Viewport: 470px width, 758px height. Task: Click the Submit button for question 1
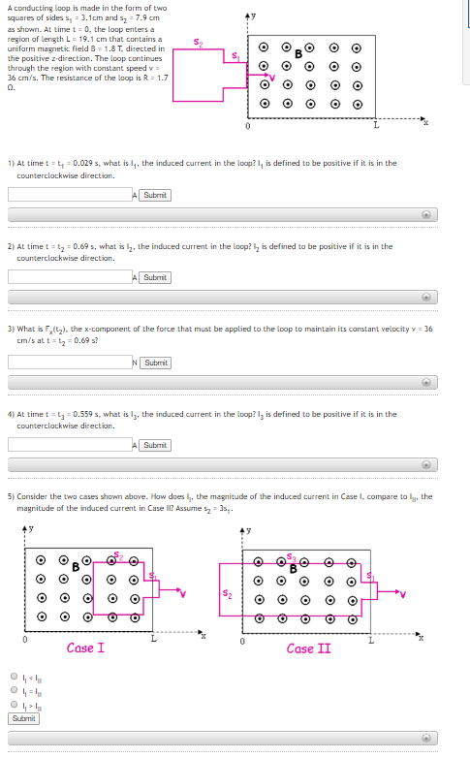[154, 195]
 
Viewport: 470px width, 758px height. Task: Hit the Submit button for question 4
[154, 445]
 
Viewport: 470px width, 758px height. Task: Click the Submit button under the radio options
[24, 718]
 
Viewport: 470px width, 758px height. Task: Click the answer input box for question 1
[69, 195]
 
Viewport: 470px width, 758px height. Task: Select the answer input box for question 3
[69, 363]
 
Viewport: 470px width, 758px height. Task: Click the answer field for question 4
[69, 445]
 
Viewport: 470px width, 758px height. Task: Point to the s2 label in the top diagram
[199, 42]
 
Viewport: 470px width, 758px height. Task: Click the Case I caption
[85, 647]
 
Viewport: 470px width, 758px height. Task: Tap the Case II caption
[307, 647]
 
